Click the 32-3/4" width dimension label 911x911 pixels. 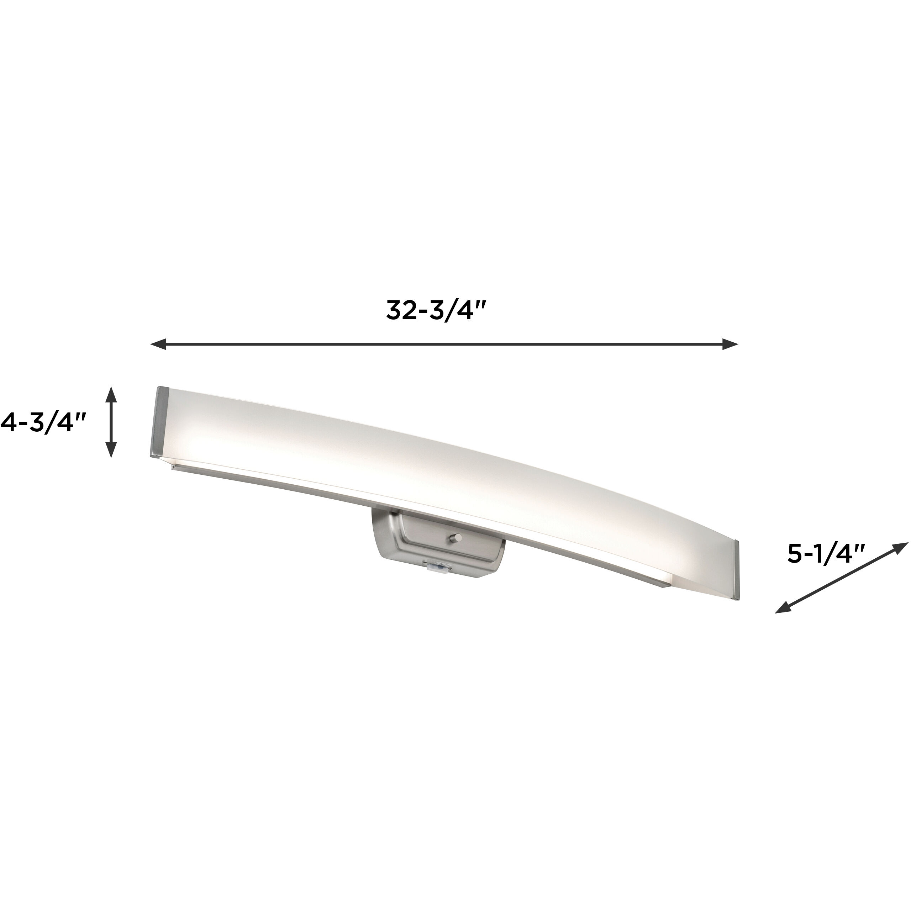436,311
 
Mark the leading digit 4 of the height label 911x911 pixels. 8,422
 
